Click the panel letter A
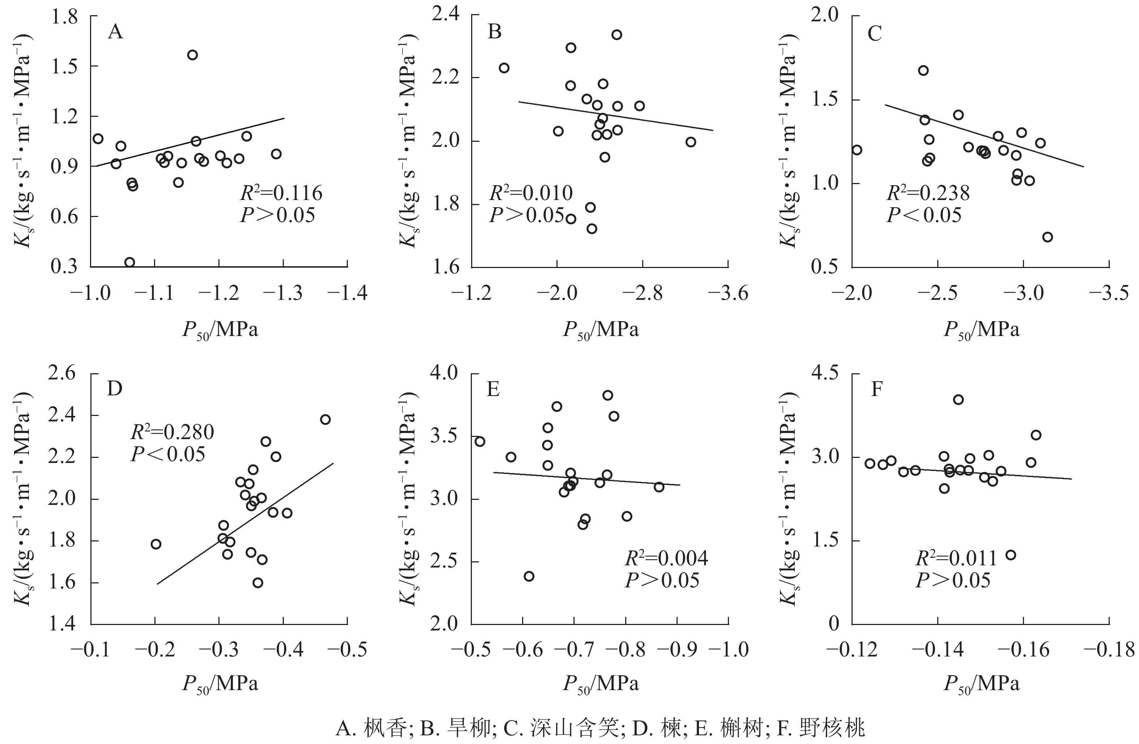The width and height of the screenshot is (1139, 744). click(115, 32)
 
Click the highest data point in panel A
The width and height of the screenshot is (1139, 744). click(192, 55)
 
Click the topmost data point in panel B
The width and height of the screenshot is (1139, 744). click(617, 35)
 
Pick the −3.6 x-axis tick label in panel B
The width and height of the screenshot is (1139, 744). click(728, 293)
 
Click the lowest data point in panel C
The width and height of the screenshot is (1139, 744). click(1048, 237)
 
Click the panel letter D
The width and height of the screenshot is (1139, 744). click(115, 389)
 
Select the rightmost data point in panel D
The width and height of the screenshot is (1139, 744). click(325, 420)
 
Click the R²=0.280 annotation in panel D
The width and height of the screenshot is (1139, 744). click(172, 432)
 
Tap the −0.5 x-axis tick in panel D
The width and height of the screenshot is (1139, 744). click(347, 650)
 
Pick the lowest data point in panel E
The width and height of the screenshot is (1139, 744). click(529, 576)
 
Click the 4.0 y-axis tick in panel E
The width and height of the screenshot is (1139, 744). click(445, 373)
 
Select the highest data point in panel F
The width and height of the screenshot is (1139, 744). click(958, 400)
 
